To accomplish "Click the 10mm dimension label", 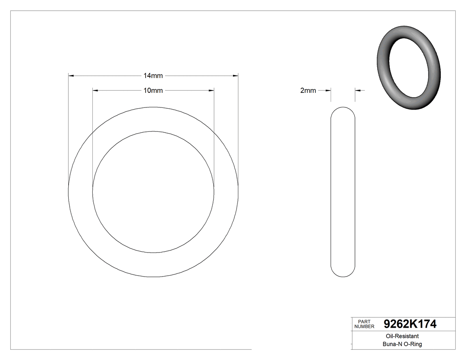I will click(153, 91).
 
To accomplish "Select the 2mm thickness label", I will click(308, 91).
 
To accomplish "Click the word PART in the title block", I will click(364, 321).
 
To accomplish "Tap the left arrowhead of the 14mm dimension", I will click(71, 76).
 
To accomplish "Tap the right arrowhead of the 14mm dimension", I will click(236, 76).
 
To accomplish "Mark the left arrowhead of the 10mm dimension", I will click(95, 91).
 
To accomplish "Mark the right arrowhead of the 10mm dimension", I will click(211, 91).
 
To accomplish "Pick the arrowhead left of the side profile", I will click(328, 91).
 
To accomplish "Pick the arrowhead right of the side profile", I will click(358, 91).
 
